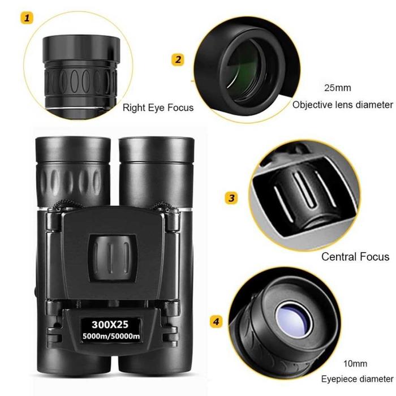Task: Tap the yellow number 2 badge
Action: pos(178,59)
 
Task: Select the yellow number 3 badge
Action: pos(231,198)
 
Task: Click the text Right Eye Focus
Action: pos(158,107)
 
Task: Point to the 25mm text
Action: pos(337,88)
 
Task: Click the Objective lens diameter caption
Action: pos(342,105)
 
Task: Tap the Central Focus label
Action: pos(355,256)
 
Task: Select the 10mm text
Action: pos(354,363)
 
